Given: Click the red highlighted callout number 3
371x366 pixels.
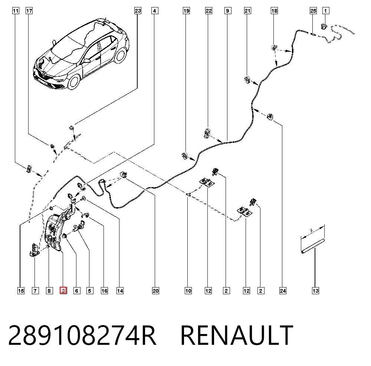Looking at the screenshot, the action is (63, 290).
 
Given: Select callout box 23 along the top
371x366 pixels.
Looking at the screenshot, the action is (138, 11).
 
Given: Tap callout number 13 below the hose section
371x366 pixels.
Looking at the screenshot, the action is (315, 290).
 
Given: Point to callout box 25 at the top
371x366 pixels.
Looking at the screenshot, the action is (313, 11).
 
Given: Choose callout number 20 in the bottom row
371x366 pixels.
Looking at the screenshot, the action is (155, 290).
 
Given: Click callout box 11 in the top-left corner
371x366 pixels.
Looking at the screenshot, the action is (16, 11).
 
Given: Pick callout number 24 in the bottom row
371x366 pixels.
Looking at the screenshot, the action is (283, 290).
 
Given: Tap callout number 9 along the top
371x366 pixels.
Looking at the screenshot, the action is (228, 11).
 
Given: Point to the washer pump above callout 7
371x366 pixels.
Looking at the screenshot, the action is (35, 250).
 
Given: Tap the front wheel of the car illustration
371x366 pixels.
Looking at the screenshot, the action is (74, 82).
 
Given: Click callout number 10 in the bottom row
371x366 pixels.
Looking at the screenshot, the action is (188, 290).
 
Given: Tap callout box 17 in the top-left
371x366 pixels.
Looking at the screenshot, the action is (29, 11).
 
